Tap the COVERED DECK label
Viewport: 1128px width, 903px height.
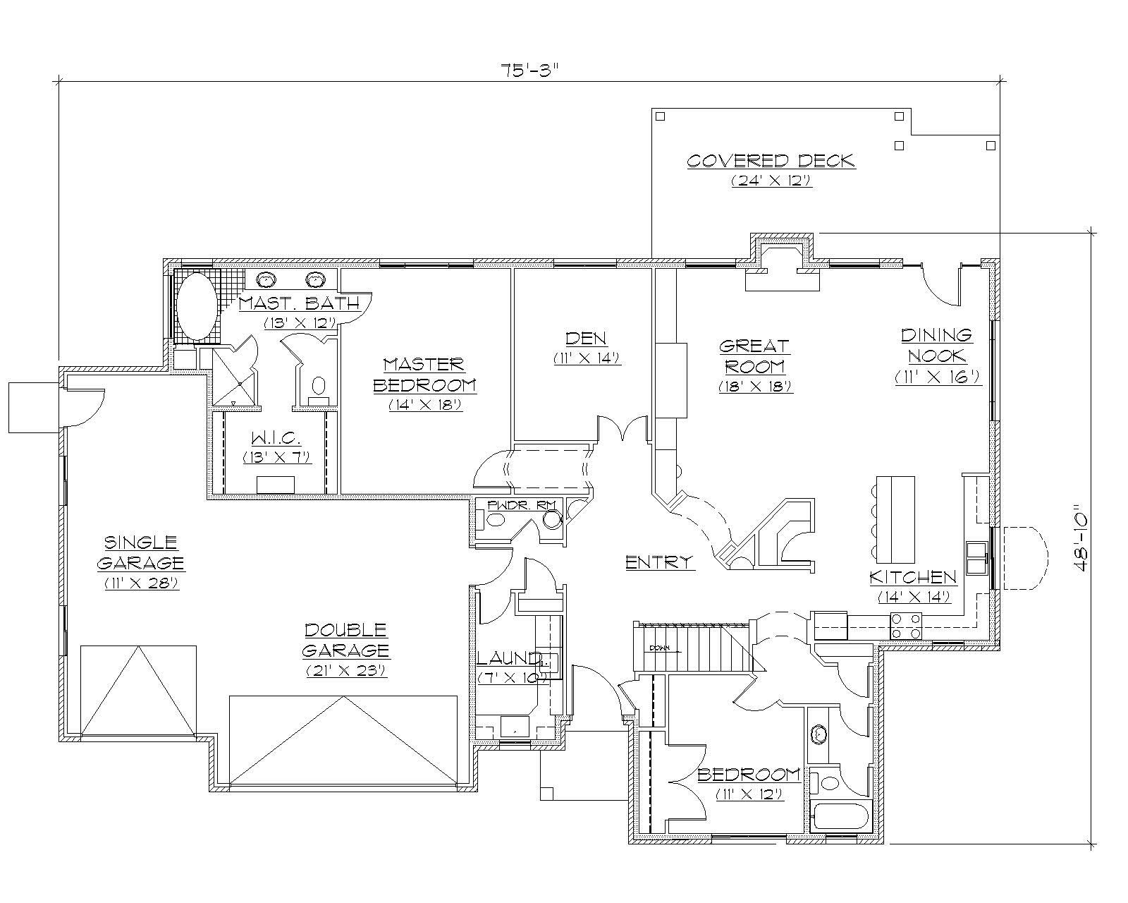point(771,161)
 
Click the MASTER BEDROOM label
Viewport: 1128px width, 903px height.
point(424,375)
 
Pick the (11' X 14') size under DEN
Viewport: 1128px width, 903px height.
point(587,358)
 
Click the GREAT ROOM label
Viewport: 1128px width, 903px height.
point(754,356)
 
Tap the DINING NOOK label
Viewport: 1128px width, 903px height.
point(937,345)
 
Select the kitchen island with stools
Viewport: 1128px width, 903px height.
point(895,516)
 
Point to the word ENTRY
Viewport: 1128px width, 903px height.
point(660,562)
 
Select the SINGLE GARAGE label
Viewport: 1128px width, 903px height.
point(140,552)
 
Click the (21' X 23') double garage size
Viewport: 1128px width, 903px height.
point(345,671)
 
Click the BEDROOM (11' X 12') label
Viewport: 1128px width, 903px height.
point(749,775)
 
